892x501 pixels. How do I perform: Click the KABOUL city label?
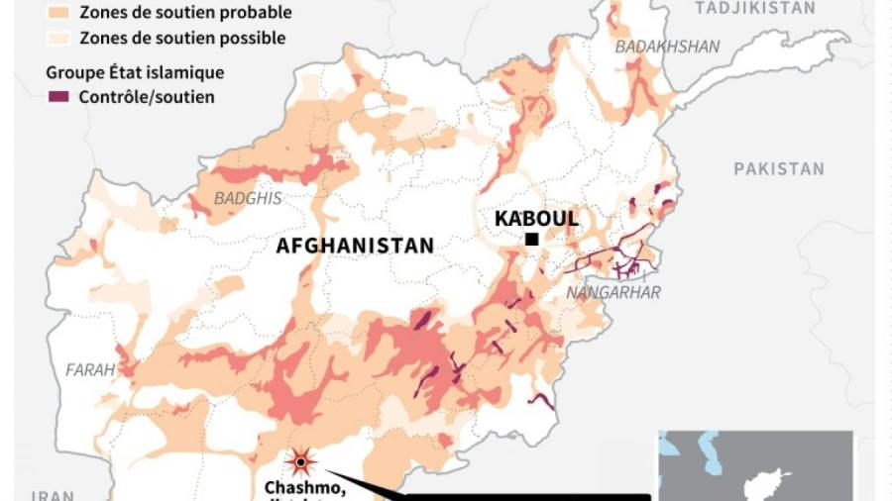tap(536, 218)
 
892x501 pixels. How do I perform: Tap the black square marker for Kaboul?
tap(532, 239)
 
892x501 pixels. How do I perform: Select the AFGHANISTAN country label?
tap(355, 246)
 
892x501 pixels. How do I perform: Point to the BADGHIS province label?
tap(248, 198)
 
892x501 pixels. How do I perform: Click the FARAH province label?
tap(90, 369)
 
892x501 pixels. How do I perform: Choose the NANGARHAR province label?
tap(613, 292)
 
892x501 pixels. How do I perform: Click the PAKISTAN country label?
tap(779, 168)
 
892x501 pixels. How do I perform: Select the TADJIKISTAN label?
tap(755, 8)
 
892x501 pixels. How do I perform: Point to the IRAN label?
tap(51, 494)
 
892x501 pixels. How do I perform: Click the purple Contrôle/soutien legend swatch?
tap(59, 97)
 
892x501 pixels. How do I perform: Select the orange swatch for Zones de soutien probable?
tap(59, 13)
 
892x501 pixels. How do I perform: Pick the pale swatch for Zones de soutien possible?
tap(59, 38)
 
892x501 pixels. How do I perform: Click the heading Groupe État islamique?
tap(135, 72)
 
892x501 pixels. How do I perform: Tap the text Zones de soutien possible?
tap(182, 38)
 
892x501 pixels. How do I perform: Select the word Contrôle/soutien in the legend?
tap(148, 97)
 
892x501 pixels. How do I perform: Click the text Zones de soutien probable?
tap(185, 13)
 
